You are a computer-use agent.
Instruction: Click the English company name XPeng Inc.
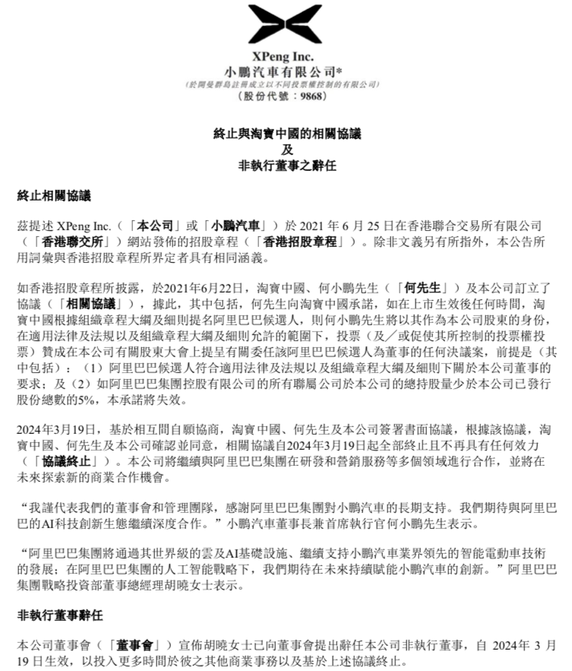click(x=286, y=57)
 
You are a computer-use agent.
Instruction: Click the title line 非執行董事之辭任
click(x=286, y=163)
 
